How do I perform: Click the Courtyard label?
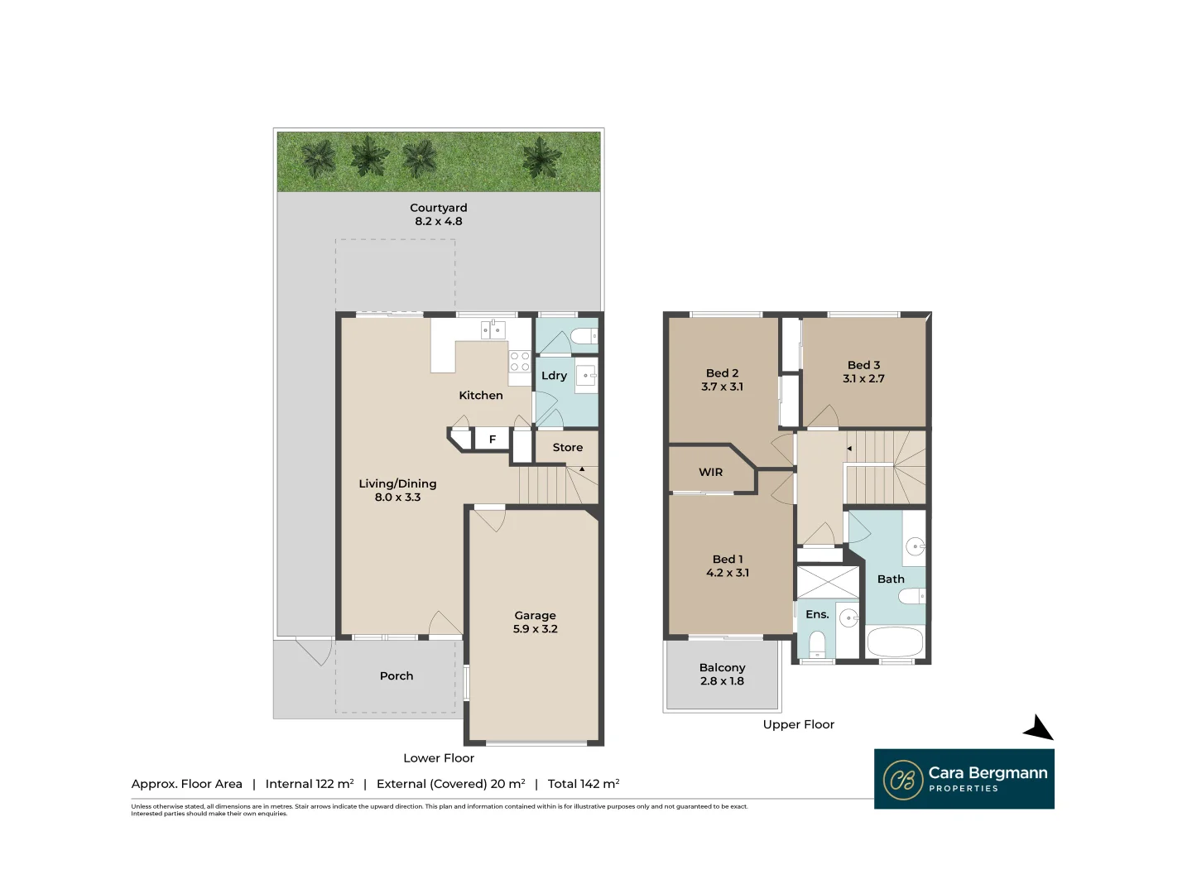438,208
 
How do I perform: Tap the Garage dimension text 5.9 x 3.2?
535,629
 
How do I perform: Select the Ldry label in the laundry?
554,376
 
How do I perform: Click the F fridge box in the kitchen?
492,440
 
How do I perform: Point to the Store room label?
567,448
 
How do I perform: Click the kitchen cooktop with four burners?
519,362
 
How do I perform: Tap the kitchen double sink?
493,330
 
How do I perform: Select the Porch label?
396,676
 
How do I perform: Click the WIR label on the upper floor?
710,473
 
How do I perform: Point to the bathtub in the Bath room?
894,642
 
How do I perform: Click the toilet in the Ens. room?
816,643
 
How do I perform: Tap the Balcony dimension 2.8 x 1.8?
722,681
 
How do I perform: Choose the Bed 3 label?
863,365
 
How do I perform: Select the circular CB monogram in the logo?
902,780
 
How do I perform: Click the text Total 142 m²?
584,784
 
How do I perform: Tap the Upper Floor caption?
798,724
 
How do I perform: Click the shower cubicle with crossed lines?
828,582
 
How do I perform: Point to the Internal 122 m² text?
309,784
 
